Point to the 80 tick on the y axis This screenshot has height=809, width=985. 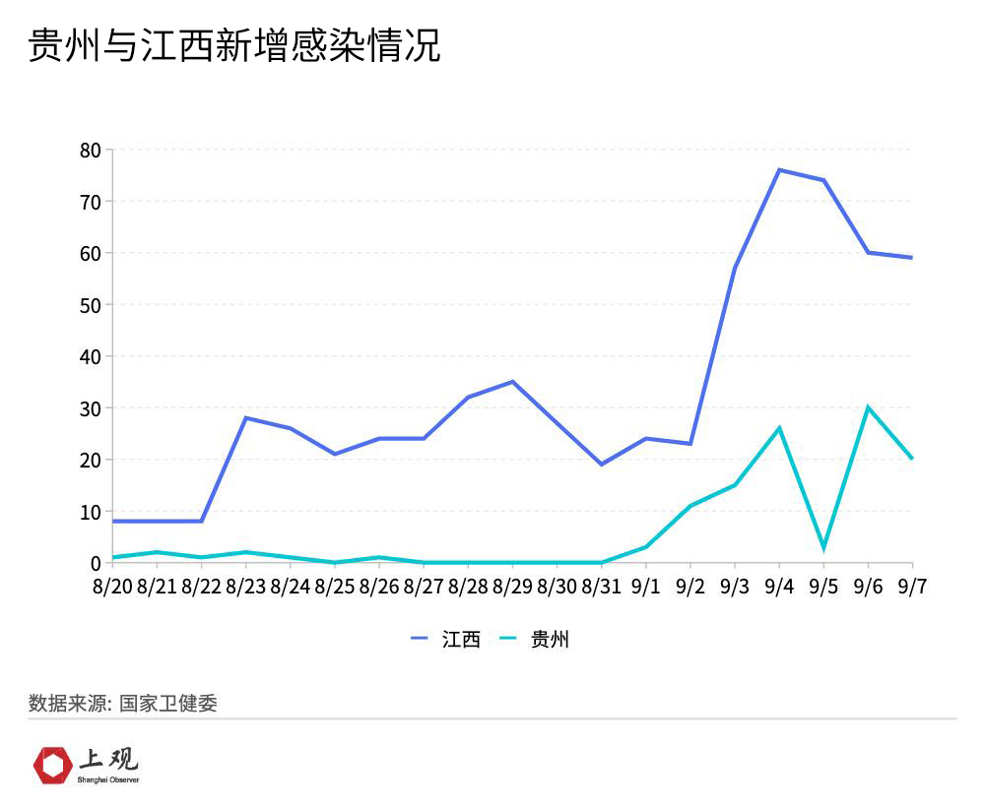point(90,150)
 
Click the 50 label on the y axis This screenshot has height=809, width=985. point(90,305)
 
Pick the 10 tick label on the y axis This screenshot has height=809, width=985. point(90,512)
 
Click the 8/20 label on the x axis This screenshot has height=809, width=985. point(112,587)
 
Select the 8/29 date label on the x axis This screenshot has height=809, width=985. point(512,587)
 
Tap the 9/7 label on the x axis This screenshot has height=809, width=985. point(911,587)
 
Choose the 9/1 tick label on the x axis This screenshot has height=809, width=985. point(645,587)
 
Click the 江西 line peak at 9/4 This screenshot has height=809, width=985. point(779,169)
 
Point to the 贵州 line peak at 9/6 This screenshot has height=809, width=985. point(868,407)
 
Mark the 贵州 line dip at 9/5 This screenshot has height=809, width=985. point(823,547)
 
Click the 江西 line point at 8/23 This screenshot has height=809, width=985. point(245,418)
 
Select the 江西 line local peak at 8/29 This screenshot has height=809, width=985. point(512,382)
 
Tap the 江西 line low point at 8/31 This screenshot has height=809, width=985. point(601,465)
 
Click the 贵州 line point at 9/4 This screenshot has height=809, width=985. point(779,428)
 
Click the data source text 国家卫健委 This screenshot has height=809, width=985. point(168,704)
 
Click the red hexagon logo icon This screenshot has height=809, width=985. point(52,765)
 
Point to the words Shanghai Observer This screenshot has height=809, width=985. point(108,779)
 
